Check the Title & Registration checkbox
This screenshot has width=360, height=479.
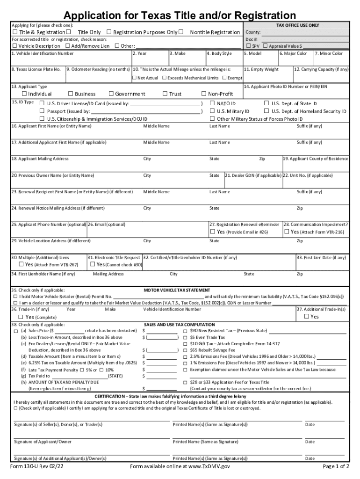coord(15,32)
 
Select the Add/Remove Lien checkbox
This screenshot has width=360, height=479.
coord(68,46)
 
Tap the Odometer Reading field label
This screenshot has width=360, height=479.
coord(98,69)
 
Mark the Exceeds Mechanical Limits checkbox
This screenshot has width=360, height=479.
coord(165,78)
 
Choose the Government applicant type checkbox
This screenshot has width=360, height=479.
coord(111,94)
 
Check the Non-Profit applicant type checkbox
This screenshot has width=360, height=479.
coord(204,94)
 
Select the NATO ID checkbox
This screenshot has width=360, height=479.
coord(212,103)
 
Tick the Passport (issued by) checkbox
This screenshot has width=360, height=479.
coord(42,111)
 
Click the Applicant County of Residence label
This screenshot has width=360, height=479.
coord(316,159)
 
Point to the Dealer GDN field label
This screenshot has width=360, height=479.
coord(253,175)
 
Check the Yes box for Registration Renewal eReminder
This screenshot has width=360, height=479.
coord(212,232)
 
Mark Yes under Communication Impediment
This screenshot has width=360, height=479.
coord(286,232)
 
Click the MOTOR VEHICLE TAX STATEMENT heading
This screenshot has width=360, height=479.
coord(177,290)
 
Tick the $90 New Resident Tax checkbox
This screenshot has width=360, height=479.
coord(185,331)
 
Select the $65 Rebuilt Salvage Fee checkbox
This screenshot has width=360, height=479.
coord(185,350)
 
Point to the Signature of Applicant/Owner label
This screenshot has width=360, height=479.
coord(43,442)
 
